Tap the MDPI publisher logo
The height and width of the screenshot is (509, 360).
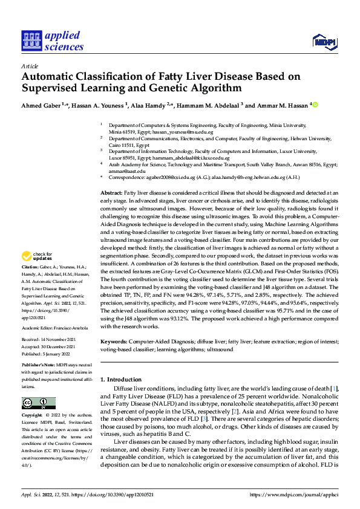point(324,41)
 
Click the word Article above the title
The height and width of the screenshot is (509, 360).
point(29,66)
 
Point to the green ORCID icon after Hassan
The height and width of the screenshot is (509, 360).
point(315,105)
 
